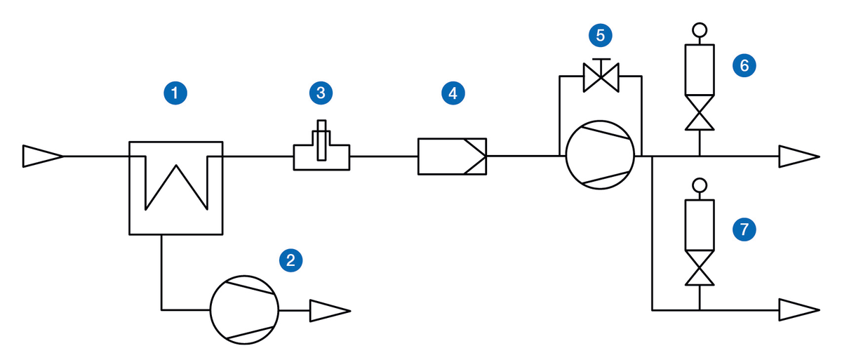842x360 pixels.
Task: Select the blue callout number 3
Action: [x=321, y=91]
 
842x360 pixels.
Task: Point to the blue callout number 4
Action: [x=453, y=91]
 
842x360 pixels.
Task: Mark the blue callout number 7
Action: [x=744, y=228]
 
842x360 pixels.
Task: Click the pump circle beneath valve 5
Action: [x=601, y=156]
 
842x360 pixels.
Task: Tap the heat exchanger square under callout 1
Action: [x=175, y=187]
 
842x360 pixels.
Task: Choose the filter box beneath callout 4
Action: [x=453, y=156]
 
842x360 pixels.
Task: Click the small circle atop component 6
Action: [x=700, y=29]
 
